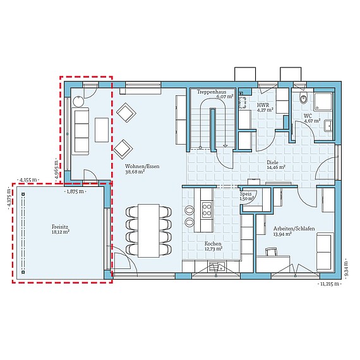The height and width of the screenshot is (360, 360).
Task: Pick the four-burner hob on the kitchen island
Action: pyautogui.click(x=206, y=208)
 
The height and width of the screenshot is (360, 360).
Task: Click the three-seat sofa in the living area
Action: pyautogui.click(x=80, y=130)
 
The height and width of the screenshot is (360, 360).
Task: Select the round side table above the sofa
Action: pyautogui.click(x=80, y=100)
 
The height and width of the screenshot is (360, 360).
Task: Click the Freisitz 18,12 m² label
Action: pyautogui.click(x=61, y=229)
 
